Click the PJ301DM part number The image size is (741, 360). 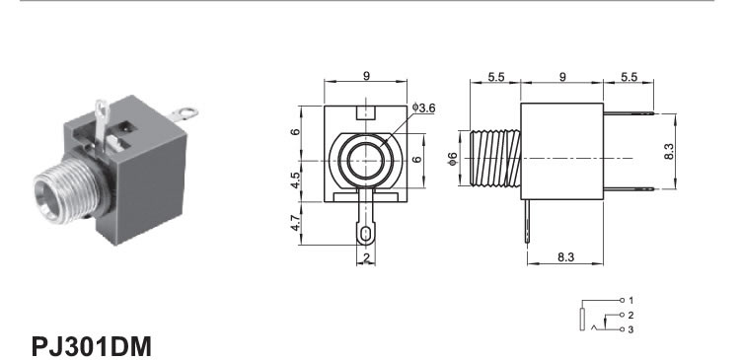92,346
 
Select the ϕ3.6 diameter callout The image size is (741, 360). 423,108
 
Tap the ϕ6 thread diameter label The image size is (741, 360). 453,159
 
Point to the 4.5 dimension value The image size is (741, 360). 295,180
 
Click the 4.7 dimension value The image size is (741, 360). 295,223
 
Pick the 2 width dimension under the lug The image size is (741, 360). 366,257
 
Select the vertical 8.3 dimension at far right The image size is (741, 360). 670,151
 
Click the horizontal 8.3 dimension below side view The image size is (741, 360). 565,257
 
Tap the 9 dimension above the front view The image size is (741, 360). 367,76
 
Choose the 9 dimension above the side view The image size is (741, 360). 562,76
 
